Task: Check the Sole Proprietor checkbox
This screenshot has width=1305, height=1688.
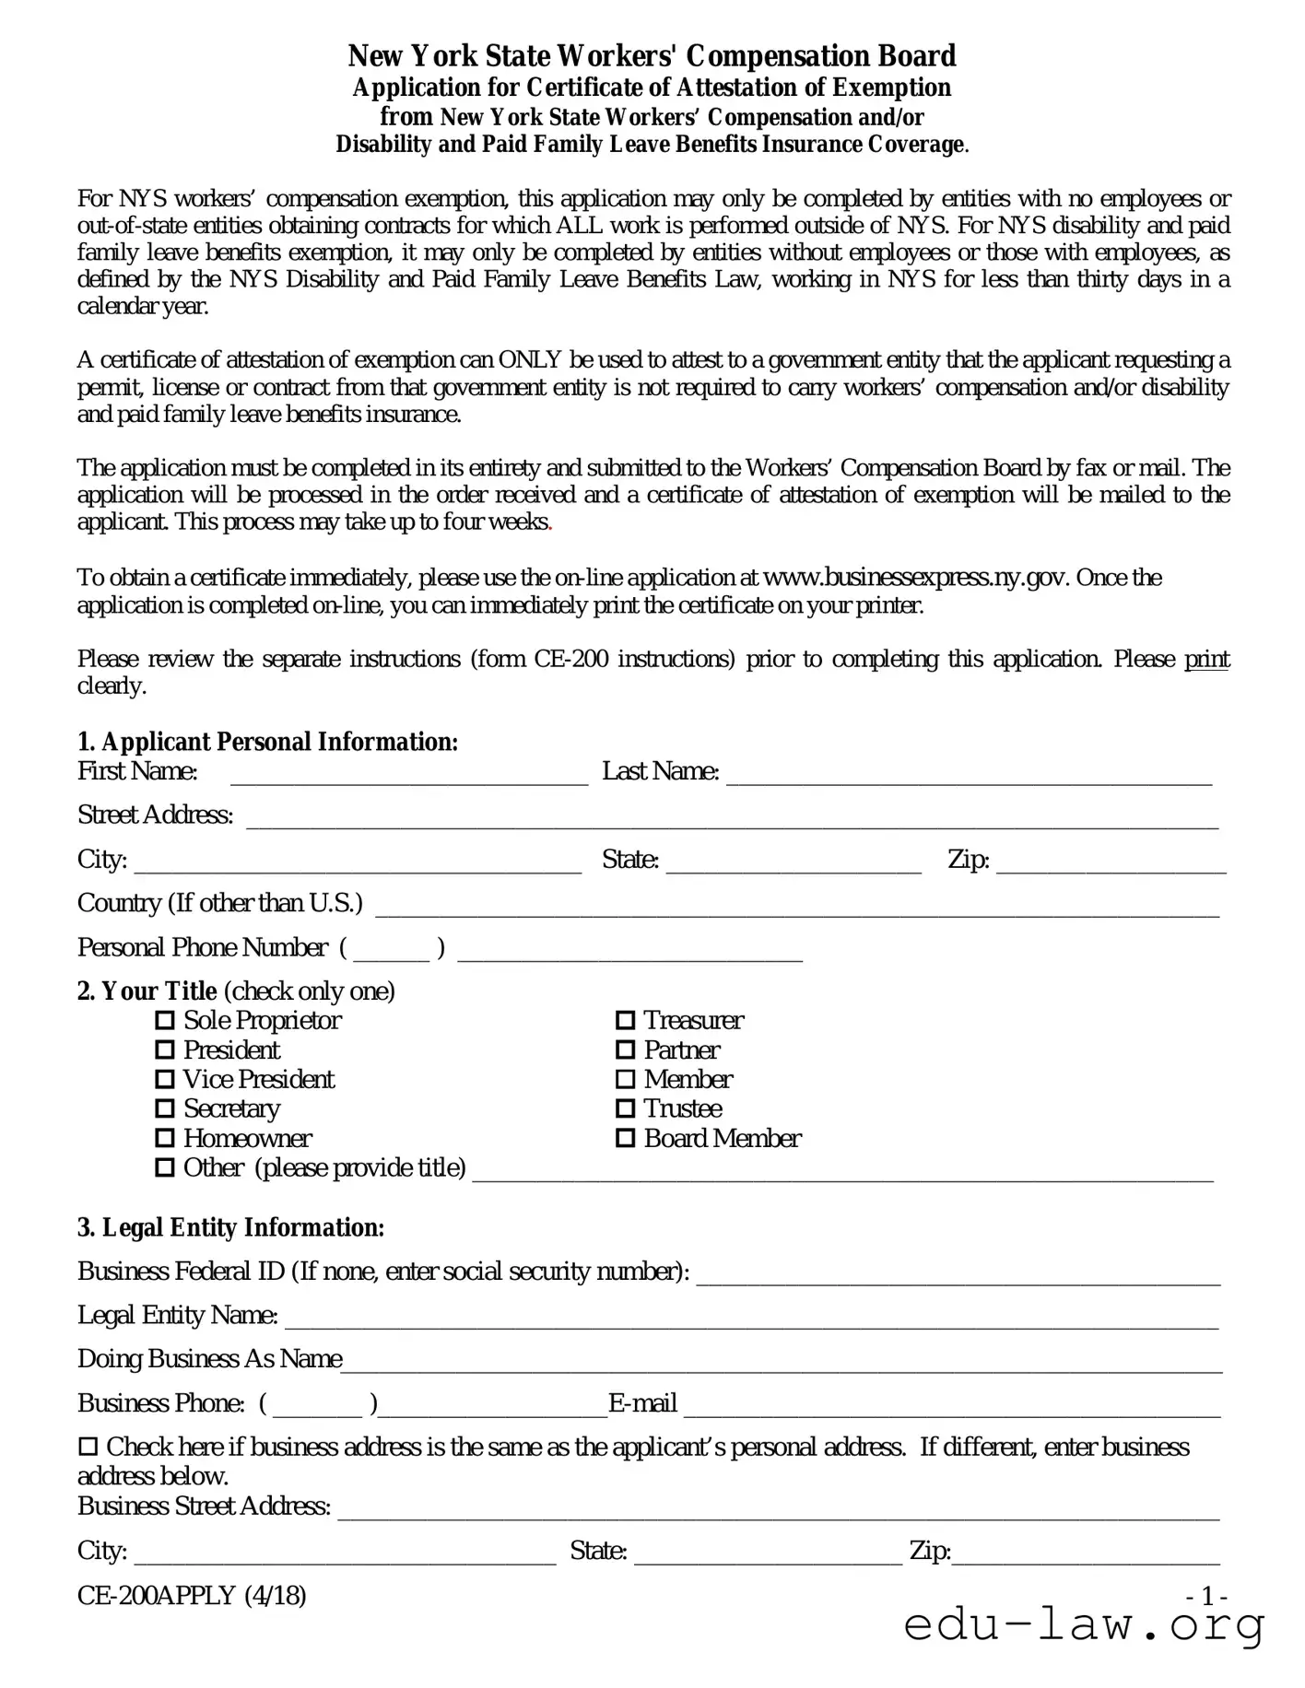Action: (x=165, y=1021)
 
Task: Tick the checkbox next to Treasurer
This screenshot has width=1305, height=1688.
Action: (x=625, y=1021)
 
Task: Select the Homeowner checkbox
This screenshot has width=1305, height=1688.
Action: (x=165, y=1139)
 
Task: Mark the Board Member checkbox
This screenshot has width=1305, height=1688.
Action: (x=625, y=1139)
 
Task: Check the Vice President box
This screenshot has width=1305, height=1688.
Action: (x=165, y=1080)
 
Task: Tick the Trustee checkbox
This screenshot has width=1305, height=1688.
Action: (x=625, y=1109)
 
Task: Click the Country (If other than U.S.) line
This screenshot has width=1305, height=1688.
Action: (x=797, y=908)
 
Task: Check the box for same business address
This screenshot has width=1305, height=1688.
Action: (x=88, y=1448)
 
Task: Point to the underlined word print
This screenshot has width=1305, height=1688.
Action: (x=1206, y=660)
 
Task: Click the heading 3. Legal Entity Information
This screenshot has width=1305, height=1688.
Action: (x=230, y=1228)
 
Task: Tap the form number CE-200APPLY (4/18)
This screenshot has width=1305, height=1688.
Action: (x=192, y=1596)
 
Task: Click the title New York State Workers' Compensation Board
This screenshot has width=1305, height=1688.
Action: (x=652, y=56)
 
